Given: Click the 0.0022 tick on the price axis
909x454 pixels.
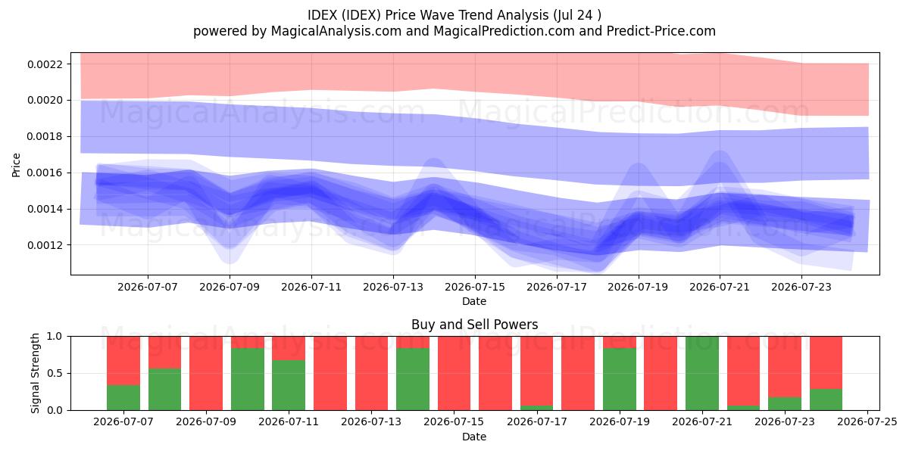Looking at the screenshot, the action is tap(45, 64).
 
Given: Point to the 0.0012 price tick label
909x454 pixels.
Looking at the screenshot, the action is tap(45, 245).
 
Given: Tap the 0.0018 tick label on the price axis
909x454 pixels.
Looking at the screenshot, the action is tap(45, 137).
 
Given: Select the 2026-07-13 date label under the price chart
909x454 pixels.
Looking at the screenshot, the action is tap(393, 287).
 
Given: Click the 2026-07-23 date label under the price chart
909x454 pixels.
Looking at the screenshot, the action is tap(801, 287).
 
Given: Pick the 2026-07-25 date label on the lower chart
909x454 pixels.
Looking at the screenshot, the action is tap(867, 421).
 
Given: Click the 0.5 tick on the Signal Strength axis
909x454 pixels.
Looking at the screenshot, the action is tap(55, 373).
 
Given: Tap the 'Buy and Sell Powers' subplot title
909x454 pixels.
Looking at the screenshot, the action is tap(474, 325).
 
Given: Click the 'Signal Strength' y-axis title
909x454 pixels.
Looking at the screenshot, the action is tap(36, 373).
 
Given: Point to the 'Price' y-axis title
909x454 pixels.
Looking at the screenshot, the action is tap(16, 165).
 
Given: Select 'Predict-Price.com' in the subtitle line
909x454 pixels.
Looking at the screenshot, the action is tap(661, 31).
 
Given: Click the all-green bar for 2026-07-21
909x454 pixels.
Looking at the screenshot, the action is tap(702, 373).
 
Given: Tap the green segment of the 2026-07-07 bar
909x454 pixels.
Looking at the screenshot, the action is tap(123, 398).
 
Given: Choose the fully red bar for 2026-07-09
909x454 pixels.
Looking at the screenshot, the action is tap(206, 373).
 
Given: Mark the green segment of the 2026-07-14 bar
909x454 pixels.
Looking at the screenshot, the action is tap(413, 379).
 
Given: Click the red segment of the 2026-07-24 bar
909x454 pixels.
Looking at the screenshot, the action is tap(826, 362).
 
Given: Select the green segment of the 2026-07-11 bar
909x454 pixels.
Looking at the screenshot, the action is tap(289, 385).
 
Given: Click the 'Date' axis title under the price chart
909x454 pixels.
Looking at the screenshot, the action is tap(474, 301).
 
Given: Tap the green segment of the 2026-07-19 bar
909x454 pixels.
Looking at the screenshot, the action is tap(620, 379).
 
